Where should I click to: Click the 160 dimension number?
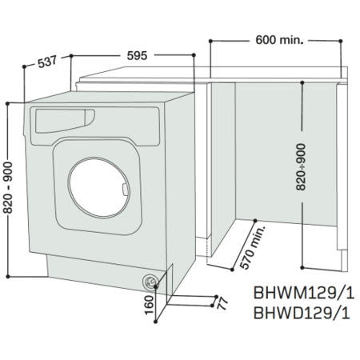148,303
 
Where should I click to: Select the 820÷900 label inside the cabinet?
300,169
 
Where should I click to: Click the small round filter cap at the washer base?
150,281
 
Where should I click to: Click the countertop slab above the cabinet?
216,81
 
